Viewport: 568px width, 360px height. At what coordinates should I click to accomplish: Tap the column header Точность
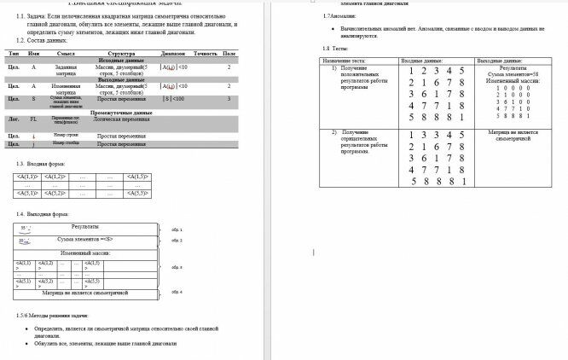pyautogui.click(x=206, y=54)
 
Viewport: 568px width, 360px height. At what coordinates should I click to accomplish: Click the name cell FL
pyautogui.click(x=33, y=119)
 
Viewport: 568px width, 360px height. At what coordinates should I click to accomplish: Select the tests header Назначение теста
pyautogui.click(x=345, y=61)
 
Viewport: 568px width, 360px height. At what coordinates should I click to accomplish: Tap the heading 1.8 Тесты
pyautogui.click(x=332, y=49)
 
